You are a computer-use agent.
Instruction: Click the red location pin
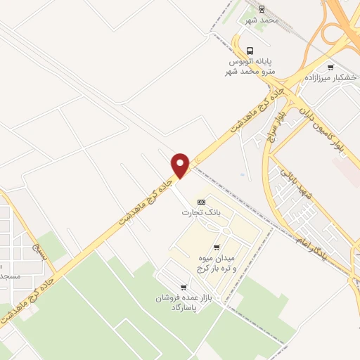point(181,165)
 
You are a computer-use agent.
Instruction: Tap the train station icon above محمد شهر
point(262,9)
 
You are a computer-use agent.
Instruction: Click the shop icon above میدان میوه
point(216,247)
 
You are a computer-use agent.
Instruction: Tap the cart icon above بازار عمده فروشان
point(184,286)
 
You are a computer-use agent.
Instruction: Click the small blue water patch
point(243,174)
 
